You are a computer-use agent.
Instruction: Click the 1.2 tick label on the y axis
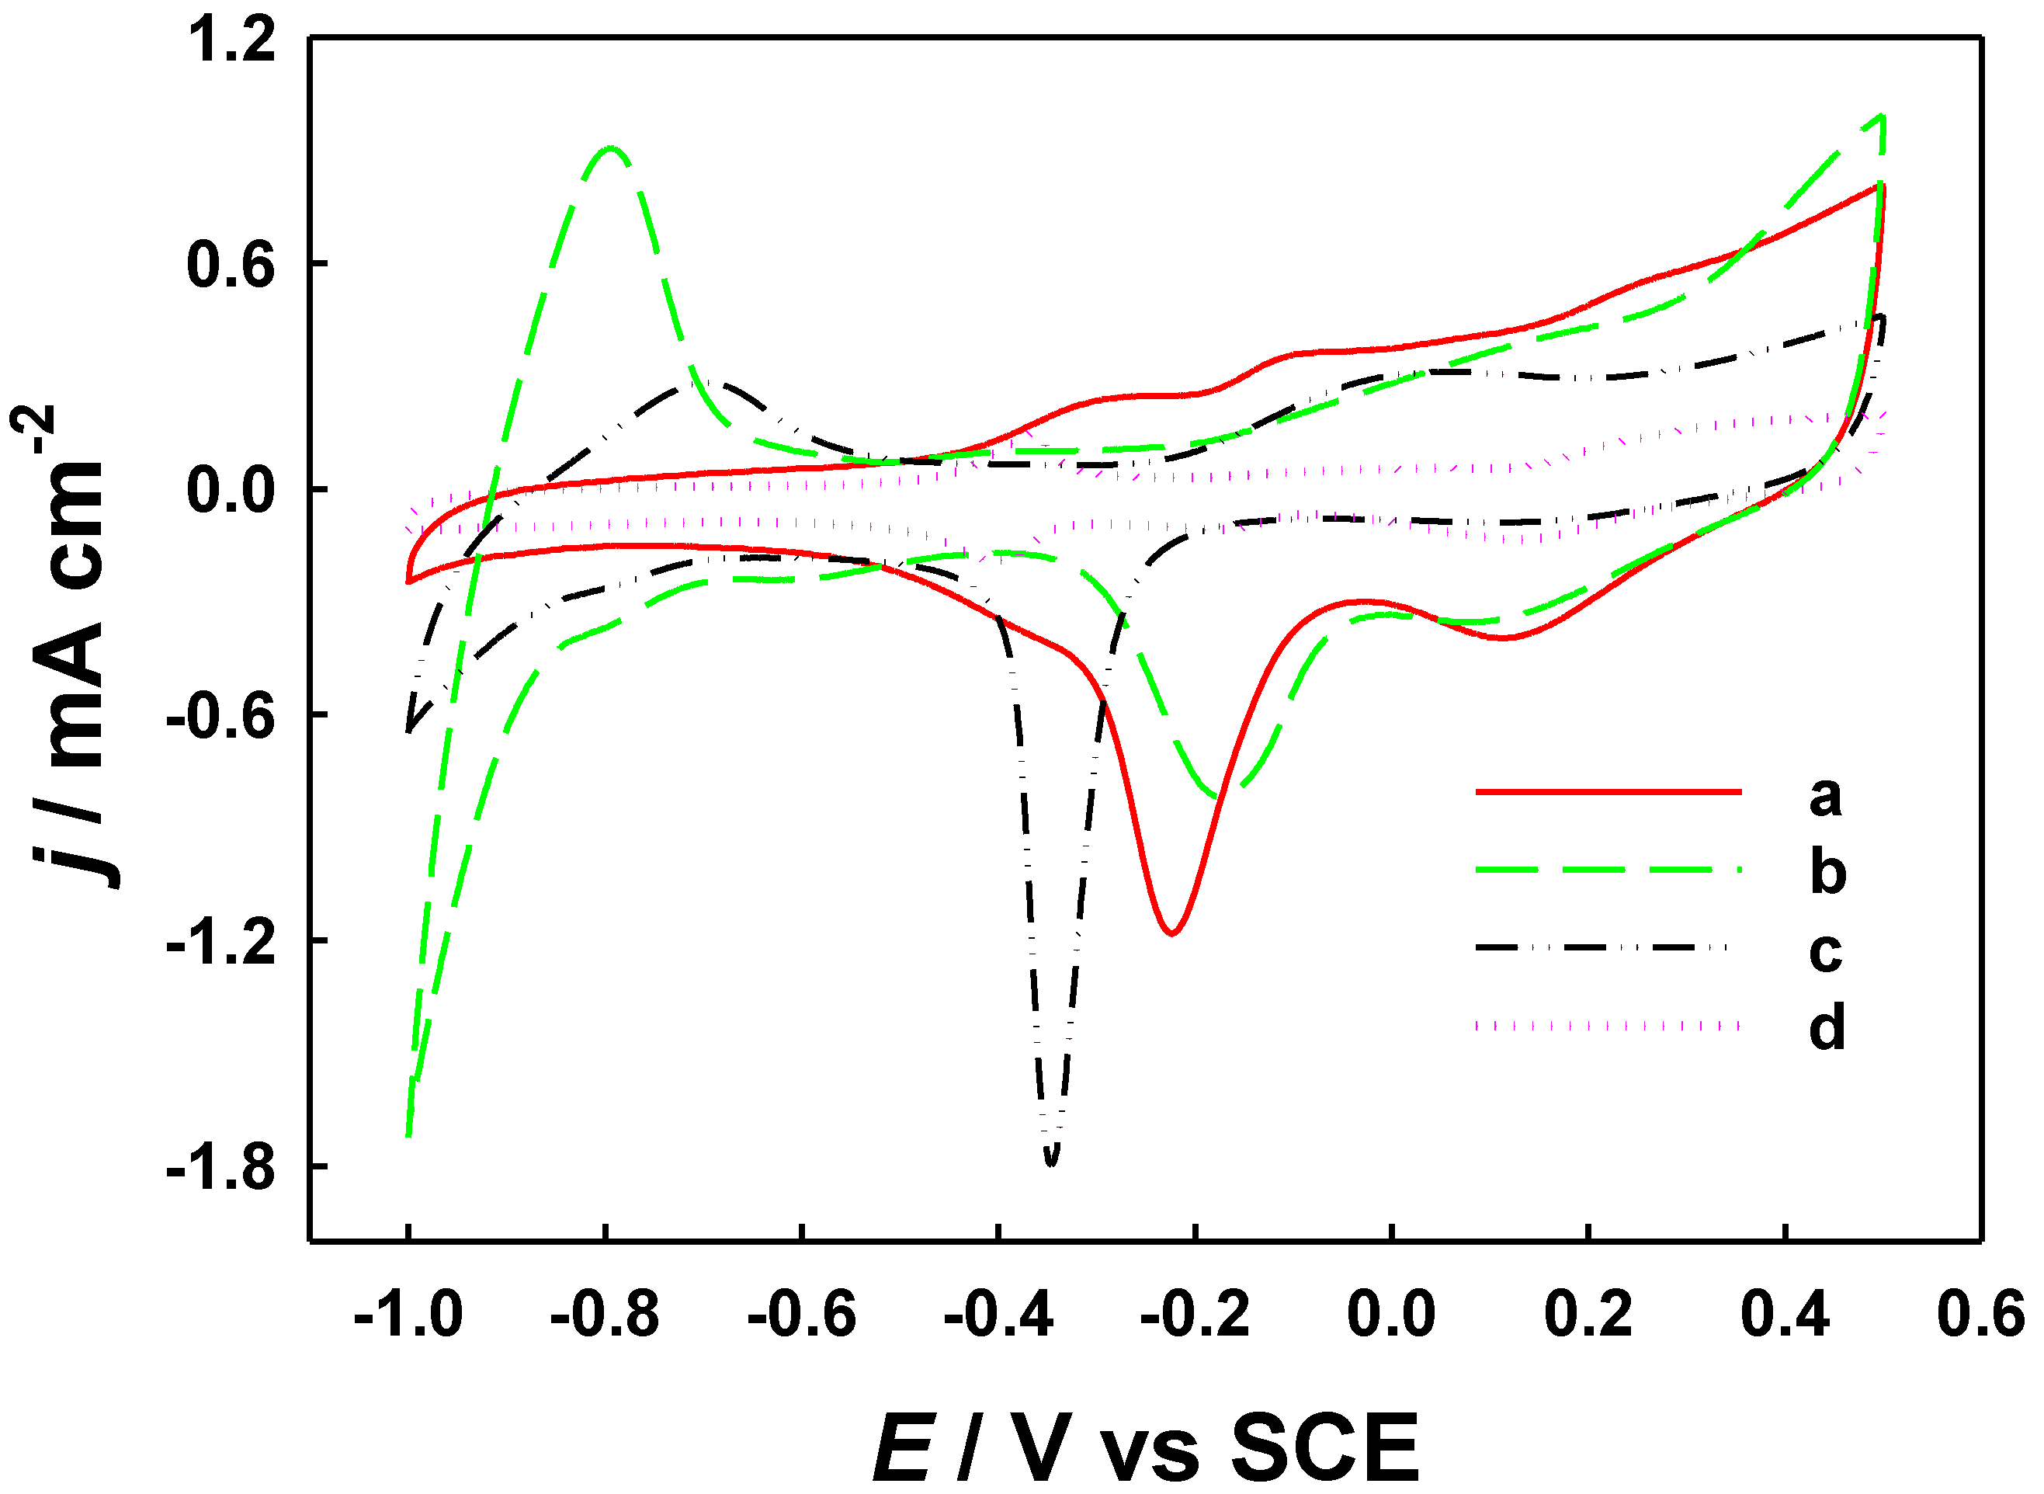[x=231, y=42]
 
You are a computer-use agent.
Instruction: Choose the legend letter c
[x=1825, y=951]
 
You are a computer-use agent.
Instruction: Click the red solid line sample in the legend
[x=1608, y=792]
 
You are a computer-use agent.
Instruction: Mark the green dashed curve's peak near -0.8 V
[x=612, y=148]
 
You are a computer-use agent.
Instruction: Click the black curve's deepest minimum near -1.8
[x=1050, y=1164]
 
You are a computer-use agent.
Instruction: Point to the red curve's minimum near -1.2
[x=1171, y=933]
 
